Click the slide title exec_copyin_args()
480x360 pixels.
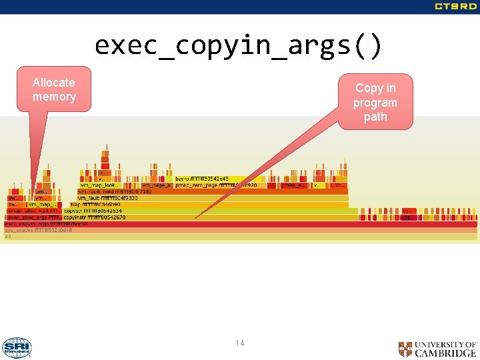pos(239,46)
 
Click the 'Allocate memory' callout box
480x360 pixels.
pos(54,89)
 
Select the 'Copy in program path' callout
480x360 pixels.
pos(375,102)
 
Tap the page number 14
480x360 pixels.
pos(239,343)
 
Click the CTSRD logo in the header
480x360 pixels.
pos(455,7)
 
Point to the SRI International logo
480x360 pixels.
pos(17,347)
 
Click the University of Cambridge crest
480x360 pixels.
pos(405,349)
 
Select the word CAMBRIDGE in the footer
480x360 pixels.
pos(445,353)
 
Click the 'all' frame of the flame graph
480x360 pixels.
pos(8,237)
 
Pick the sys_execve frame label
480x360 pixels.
pos(38,230)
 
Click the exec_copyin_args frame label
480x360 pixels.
pos(47,224)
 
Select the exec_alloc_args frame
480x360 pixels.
pos(34,217)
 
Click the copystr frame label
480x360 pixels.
pos(93,211)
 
